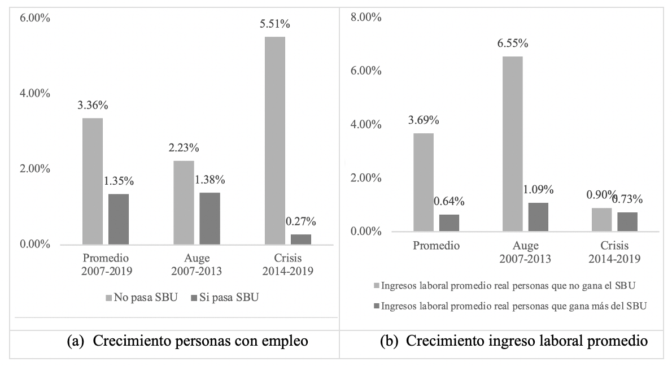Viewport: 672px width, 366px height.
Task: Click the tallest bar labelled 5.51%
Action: click(x=274, y=141)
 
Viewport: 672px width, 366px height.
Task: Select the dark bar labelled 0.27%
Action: click(x=300, y=239)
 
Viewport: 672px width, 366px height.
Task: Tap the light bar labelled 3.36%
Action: click(x=93, y=181)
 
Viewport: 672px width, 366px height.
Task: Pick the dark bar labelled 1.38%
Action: click(x=210, y=219)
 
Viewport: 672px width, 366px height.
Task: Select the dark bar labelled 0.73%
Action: click(x=627, y=222)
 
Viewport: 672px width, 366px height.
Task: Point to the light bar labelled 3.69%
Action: click(x=424, y=182)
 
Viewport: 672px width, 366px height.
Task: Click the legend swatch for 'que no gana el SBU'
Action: click(x=377, y=285)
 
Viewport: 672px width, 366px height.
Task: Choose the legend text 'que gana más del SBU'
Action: click(x=514, y=306)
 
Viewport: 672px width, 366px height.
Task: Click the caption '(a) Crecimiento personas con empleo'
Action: click(x=187, y=342)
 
